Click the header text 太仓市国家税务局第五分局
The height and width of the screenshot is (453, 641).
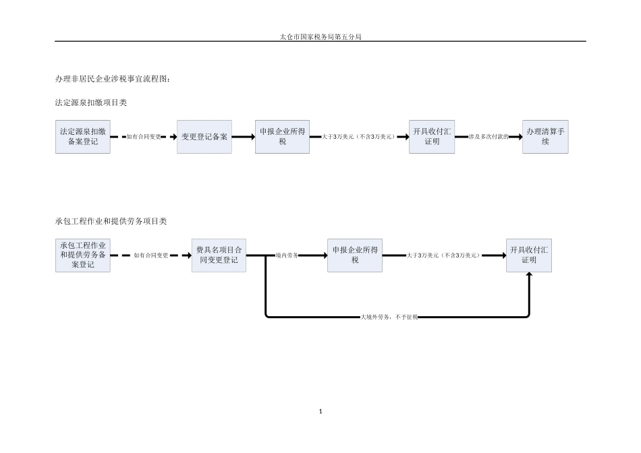click(320, 37)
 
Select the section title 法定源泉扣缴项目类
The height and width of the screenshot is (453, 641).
click(91, 102)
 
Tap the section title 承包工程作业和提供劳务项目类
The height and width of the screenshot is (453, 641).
click(111, 221)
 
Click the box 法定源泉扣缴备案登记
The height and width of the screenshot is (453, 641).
click(83, 137)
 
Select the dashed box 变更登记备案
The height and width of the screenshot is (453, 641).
click(204, 137)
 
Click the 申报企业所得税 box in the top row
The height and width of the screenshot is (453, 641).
click(283, 137)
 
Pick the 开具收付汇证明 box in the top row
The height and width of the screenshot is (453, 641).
click(432, 137)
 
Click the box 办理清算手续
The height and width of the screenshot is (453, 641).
click(545, 137)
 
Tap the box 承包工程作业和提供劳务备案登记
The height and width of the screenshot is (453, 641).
click(83, 255)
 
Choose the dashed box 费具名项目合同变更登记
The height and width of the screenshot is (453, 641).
click(219, 255)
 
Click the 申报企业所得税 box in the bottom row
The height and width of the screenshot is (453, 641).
click(355, 255)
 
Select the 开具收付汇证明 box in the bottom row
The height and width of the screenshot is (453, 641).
click(529, 255)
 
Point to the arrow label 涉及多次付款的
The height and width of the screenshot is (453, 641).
click(489, 137)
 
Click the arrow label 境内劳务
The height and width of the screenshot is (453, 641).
click(287, 255)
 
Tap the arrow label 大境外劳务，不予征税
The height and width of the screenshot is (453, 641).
click(389, 317)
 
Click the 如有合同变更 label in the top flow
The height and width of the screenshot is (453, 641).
click(144, 137)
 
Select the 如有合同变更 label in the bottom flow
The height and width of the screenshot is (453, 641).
click(151, 255)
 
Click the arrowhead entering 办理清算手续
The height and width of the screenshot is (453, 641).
click(520, 137)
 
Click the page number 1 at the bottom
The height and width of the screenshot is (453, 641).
click(320, 411)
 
